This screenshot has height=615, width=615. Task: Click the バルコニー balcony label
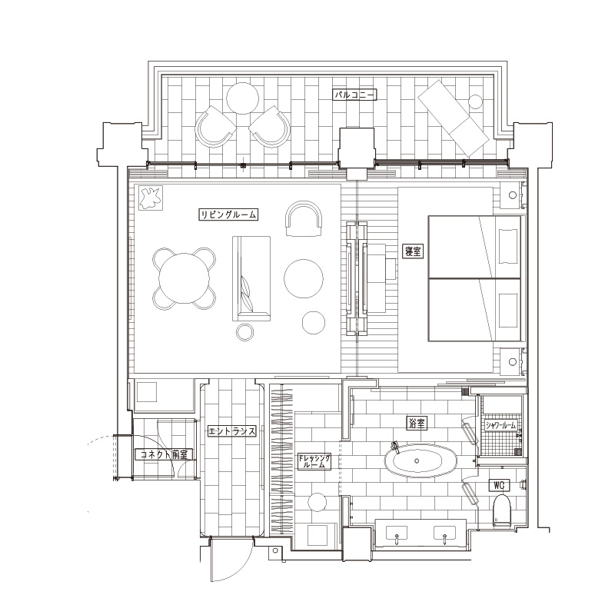(354, 95)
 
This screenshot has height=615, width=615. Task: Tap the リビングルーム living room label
(228, 214)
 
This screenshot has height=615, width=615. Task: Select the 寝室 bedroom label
(413, 251)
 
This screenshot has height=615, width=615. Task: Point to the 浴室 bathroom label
(416, 424)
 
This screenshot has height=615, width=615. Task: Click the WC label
(499, 485)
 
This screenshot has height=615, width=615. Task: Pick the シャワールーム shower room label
(500, 425)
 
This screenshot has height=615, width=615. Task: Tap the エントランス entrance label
(232, 431)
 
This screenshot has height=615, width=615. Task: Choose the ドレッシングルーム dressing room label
(314, 461)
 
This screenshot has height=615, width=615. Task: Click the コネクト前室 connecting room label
(164, 454)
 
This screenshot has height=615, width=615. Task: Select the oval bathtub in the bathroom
(417, 460)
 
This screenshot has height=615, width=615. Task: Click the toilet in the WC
(501, 510)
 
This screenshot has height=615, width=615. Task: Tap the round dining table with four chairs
(184, 278)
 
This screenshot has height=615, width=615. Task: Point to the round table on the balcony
(242, 98)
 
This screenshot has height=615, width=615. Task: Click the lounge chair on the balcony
(454, 118)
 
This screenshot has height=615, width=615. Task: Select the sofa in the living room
(251, 278)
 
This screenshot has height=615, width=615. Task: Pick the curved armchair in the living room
(304, 219)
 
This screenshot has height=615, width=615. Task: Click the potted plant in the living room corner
(150, 198)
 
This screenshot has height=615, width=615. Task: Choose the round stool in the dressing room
(317, 503)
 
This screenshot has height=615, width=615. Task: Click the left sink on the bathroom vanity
(397, 534)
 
